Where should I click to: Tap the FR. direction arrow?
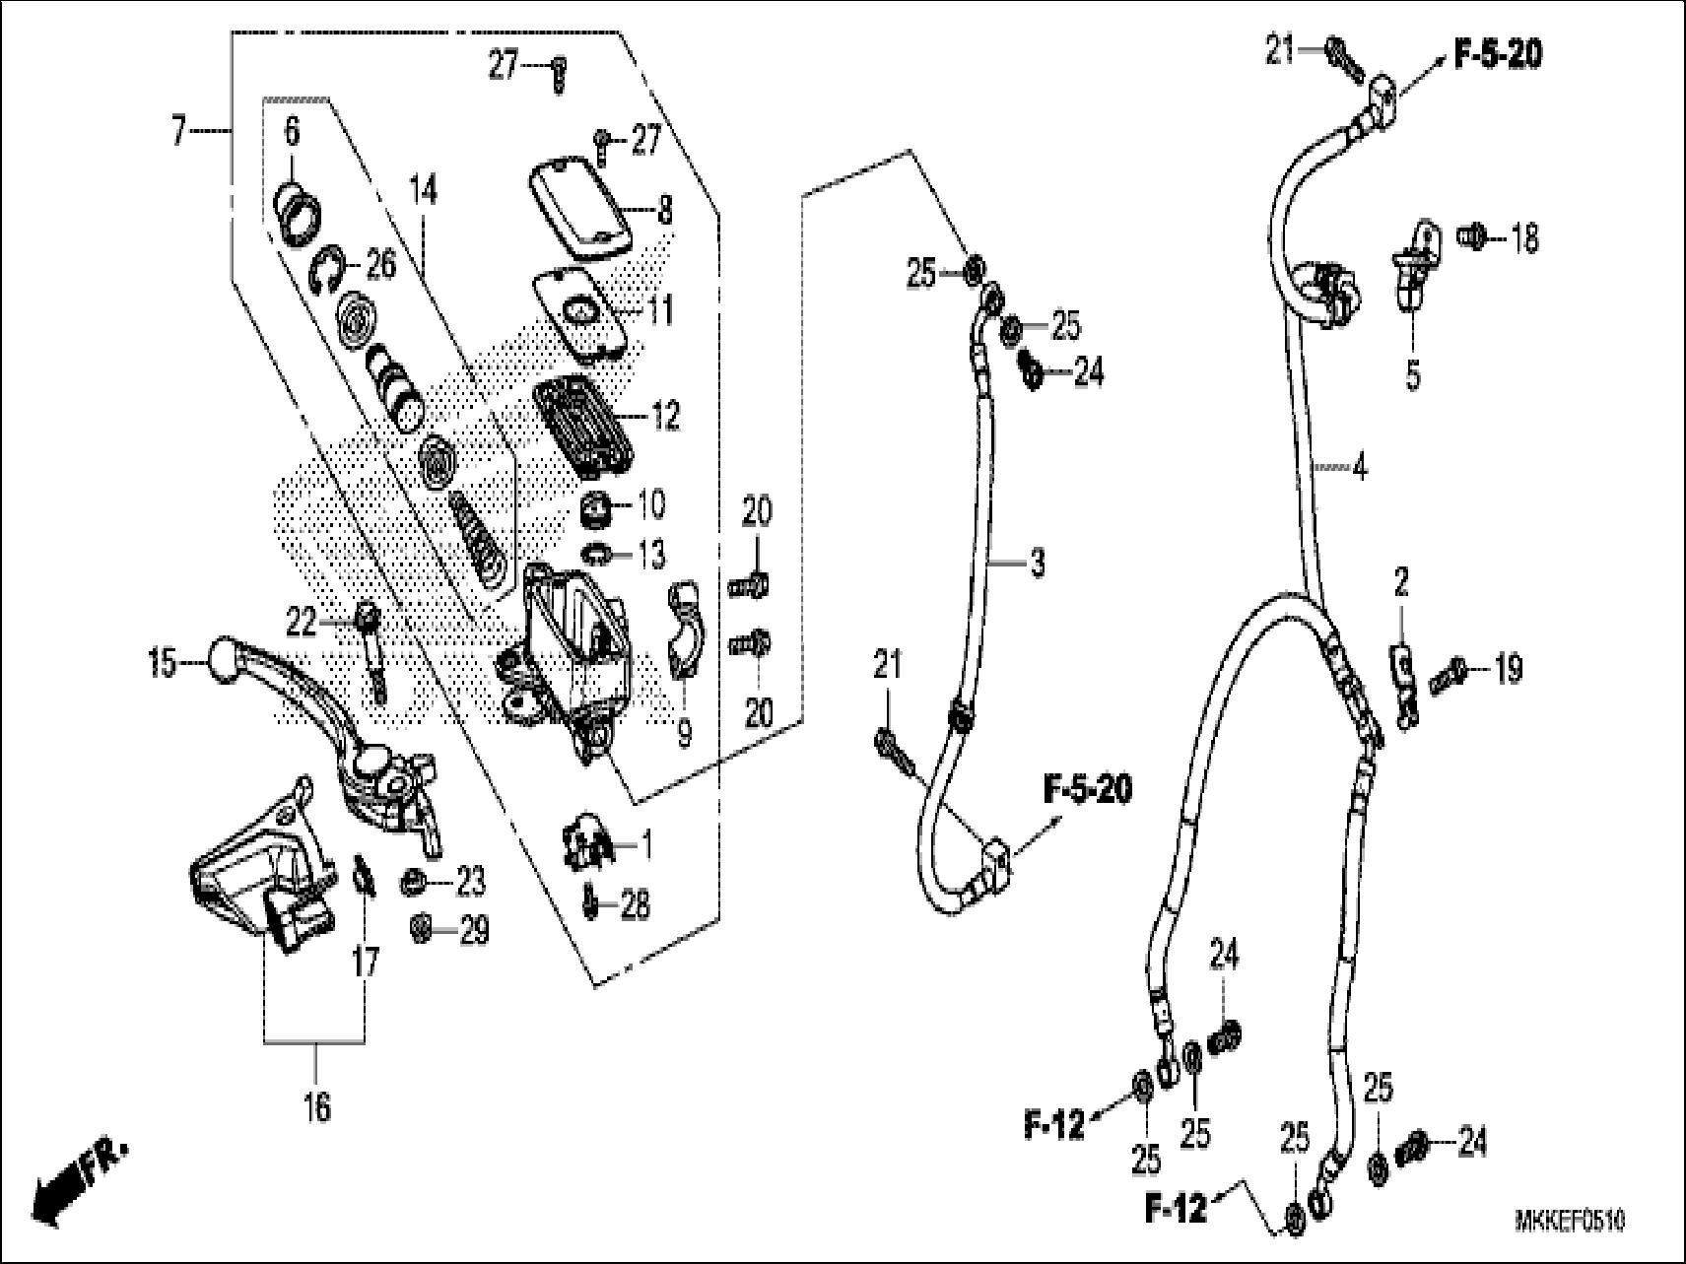click(79, 1177)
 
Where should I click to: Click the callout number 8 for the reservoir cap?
click(666, 211)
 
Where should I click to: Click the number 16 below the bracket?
click(317, 1107)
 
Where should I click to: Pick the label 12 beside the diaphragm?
click(666, 416)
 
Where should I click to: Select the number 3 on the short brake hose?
click(1037, 565)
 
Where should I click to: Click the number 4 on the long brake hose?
click(1360, 468)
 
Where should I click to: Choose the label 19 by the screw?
click(1509, 670)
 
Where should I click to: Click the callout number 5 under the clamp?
click(1413, 376)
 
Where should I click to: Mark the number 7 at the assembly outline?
click(178, 130)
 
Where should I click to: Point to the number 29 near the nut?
click(474, 931)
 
